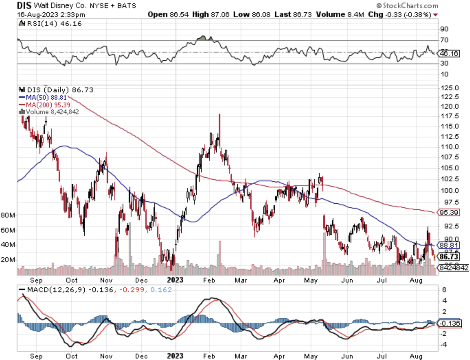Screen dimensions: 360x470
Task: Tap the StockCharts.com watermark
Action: click(x=408, y=5)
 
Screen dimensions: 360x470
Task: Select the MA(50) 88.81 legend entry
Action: click(x=43, y=97)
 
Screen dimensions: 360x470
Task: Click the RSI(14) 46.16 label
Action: click(x=50, y=23)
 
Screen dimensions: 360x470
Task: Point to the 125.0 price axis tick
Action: click(x=450, y=88)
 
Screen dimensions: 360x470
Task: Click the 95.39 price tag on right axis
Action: click(x=448, y=212)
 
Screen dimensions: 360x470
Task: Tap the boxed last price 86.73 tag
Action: click(x=448, y=256)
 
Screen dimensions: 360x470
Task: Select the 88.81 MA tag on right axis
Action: click(x=448, y=245)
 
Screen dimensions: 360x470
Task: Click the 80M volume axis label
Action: click(x=8, y=215)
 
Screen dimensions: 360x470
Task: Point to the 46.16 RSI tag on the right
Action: click(x=448, y=54)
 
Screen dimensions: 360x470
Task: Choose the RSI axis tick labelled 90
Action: click(x=444, y=29)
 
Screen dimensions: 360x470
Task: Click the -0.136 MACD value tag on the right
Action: click(x=449, y=323)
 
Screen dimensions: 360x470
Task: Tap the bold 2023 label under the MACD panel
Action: click(x=175, y=356)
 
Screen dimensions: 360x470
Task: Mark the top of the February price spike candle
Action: click(x=220, y=114)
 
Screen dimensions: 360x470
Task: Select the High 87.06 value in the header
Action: click(x=211, y=14)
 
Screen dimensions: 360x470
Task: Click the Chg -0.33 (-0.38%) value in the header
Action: click(x=402, y=14)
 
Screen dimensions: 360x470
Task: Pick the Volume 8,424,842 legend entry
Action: click(x=49, y=112)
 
